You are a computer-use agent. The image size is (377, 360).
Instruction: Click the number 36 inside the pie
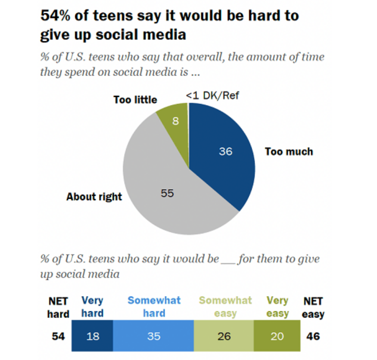click(x=226, y=151)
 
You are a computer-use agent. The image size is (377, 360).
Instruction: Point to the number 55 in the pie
click(x=167, y=194)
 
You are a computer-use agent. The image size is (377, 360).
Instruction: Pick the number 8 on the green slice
click(x=175, y=119)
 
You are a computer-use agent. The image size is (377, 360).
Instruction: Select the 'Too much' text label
click(x=289, y=151)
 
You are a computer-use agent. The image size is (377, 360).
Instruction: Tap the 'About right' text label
click(x=94, y=197)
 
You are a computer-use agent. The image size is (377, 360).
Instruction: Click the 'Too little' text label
click(x=135, y=100)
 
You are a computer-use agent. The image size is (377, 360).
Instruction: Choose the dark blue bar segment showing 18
click(x=92, y=336)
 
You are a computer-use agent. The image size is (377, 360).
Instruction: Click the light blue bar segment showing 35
click(x=153, y=336)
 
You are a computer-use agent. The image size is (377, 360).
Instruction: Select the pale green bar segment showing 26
click(x=224, y=336)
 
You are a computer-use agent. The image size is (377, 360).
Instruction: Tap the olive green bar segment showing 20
click(x=276, y=336)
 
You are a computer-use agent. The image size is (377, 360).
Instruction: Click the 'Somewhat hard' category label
click(x=154, y=306)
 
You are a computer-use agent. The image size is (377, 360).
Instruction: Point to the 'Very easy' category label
click(x=277, y=306)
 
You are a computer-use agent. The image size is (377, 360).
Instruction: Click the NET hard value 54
click(x=58, y=336)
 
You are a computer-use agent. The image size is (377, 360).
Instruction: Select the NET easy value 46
click(x=313, y=336)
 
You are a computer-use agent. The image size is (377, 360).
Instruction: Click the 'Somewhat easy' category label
click(x=225, y=306)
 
